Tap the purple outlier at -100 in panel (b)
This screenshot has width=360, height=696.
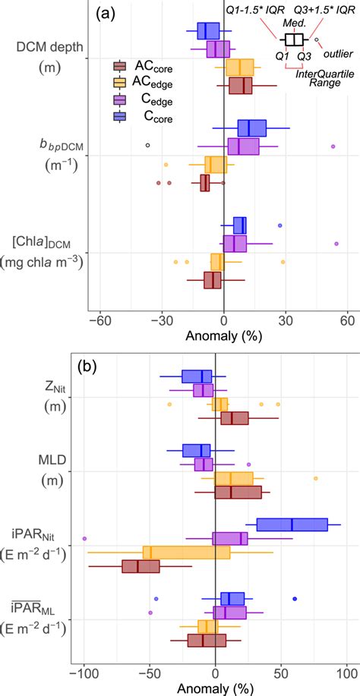click(x=84, y=538)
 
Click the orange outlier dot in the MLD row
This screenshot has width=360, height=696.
click(x=316, y=478)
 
